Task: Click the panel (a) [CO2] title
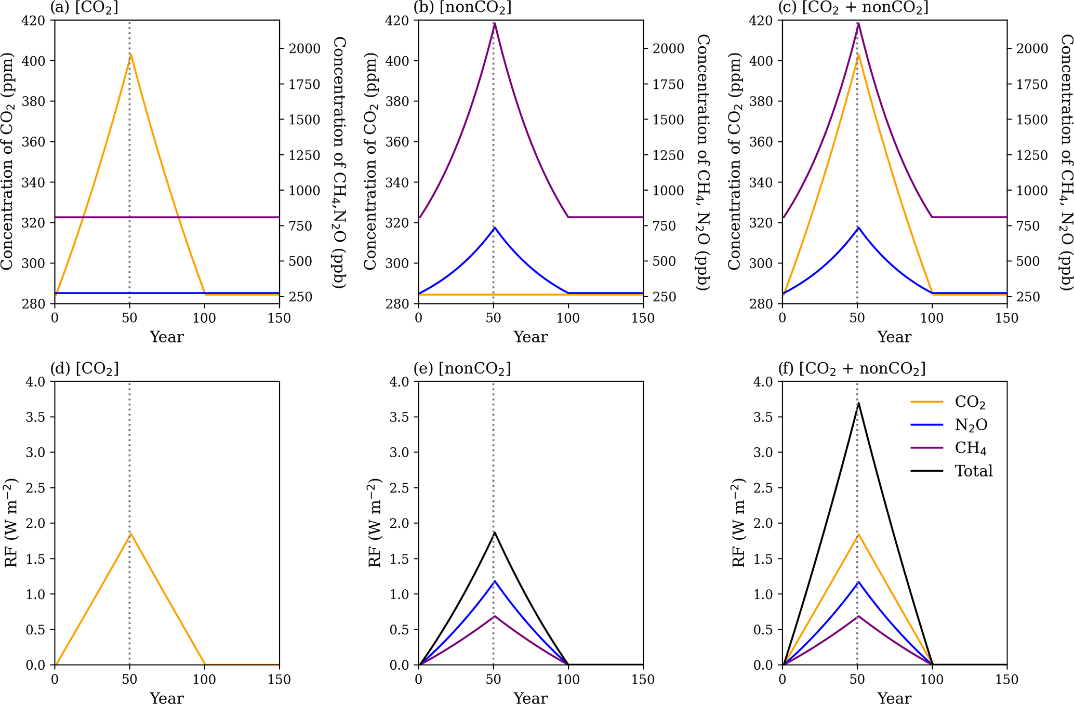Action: [x=85, y=7]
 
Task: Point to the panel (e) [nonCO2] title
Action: [x=462, y=368]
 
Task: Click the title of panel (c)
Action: [x=853, y=7]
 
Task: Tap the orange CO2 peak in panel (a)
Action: [x=131, y=54]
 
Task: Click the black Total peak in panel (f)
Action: [x=858, y=403]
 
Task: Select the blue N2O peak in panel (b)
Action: [x=495, y=227]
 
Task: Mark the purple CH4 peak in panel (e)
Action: [x=495, y=616]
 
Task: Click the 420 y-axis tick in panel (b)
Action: [x=397, y=20]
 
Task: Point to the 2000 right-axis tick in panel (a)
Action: [x=304, y=49]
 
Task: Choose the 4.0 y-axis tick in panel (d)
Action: [x=37, y=381]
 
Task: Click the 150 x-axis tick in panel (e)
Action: [x=643, y=680]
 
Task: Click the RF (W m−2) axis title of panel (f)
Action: [x=738, y=523]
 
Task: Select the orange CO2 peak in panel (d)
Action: [x=131, y=533]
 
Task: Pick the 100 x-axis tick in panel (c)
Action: [x=932, y=318]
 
